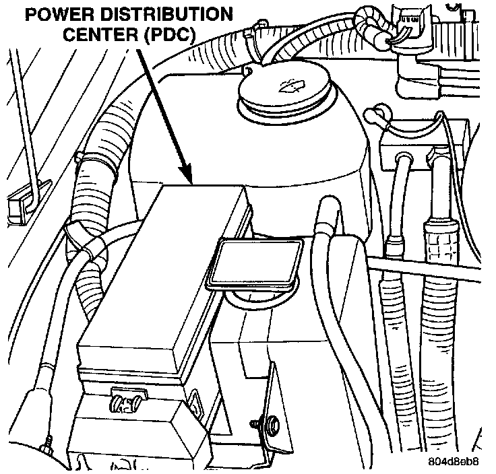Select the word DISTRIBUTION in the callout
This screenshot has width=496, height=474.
click(x=173, y=14)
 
